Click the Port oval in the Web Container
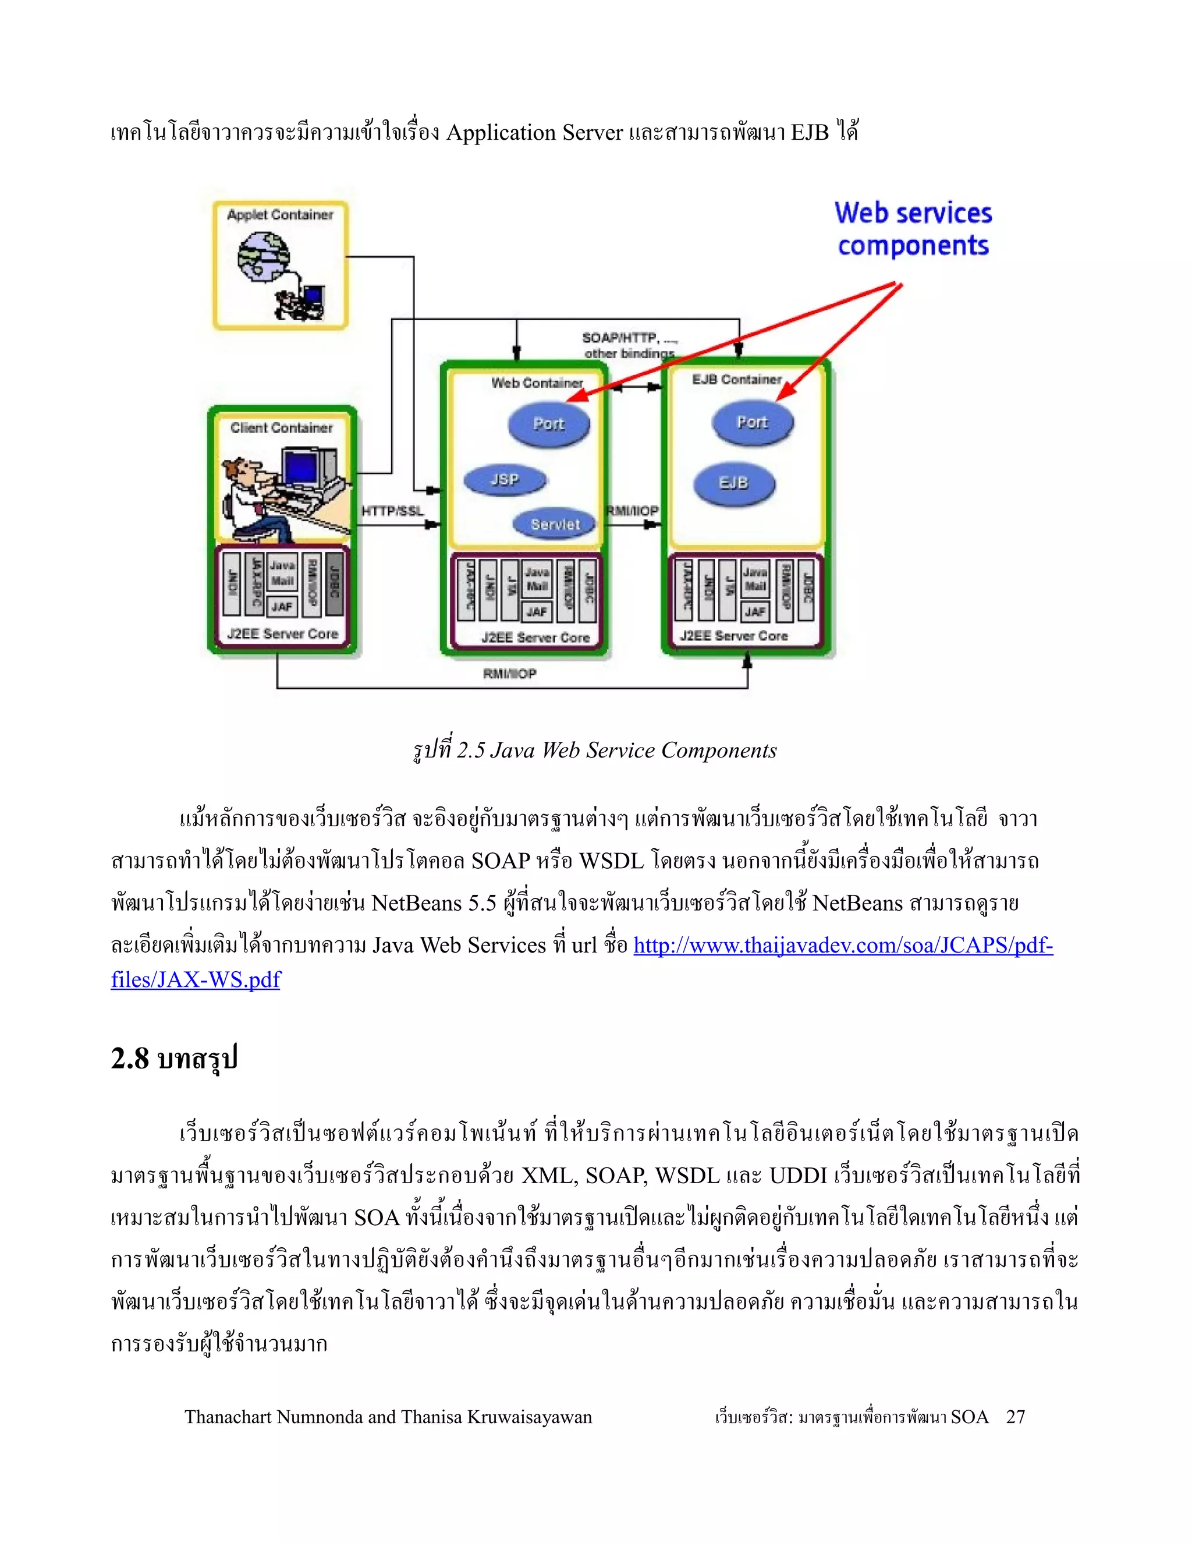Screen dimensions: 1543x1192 click(549, 424)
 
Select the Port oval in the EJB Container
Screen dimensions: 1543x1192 click(752, 423)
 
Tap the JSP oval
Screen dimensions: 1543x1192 click(505, 480)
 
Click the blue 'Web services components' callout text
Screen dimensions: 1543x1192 click(913, 229)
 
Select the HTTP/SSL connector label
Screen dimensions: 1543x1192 click(393, 511)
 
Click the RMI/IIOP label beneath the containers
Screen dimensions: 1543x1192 click(510, 674)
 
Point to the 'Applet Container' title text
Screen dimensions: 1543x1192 click(279, 215)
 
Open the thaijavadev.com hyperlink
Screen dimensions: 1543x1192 click(842, 945)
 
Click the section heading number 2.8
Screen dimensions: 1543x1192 click(130, 1059)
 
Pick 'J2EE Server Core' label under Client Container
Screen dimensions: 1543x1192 click(282, 634)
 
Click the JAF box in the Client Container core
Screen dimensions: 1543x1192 click(282, 606)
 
